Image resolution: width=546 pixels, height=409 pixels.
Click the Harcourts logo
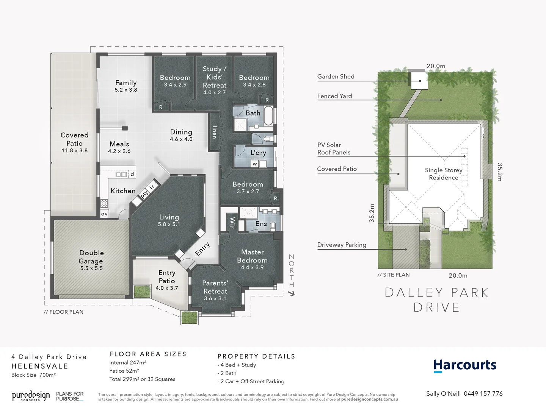pyautogui.click(x=464, y=365)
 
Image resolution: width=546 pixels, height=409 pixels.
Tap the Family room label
pyautogui.click(x=126, y=83)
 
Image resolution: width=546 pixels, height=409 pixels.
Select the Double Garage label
pyautogui.click(x=91, y=257)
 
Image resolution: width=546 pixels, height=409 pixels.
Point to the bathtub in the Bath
pyautogui.click(x=268, y=116)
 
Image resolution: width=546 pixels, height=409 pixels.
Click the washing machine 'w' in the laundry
pyautogui.click(x=255, y=164)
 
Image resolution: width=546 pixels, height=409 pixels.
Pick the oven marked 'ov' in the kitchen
pyautogui.click(x=104, y=214)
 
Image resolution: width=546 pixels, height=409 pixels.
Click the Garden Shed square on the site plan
pyautogui.click(x=420, y=81)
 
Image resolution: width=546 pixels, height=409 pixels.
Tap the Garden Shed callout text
pyautogui.click(x=336, y=76)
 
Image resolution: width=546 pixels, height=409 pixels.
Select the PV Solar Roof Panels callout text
pyautogui.click(x=334, y=148)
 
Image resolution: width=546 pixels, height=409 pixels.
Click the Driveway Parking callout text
pyautogui.click(x=342, y=245)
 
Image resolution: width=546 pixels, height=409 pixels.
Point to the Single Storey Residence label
pyautogui.click(x=443, y=174)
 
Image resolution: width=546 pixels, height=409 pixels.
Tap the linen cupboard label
pyautogui.click(x=215, y=132)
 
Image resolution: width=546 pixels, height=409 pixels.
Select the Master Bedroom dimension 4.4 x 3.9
pyautogui.click(x=252, y=267)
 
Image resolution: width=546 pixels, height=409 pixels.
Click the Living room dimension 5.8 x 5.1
pyautogui.click(x=169, y=224)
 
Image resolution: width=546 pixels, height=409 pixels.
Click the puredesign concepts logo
pyautogui.click(x=31, y=396)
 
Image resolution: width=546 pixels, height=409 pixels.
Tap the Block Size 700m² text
pyautogui.click(x=33, y=375)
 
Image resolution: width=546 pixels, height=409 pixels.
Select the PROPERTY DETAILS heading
pyautogui.click(x=256, y=356)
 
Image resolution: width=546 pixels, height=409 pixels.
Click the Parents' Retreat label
pyautogui.click(x=215, y=287)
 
